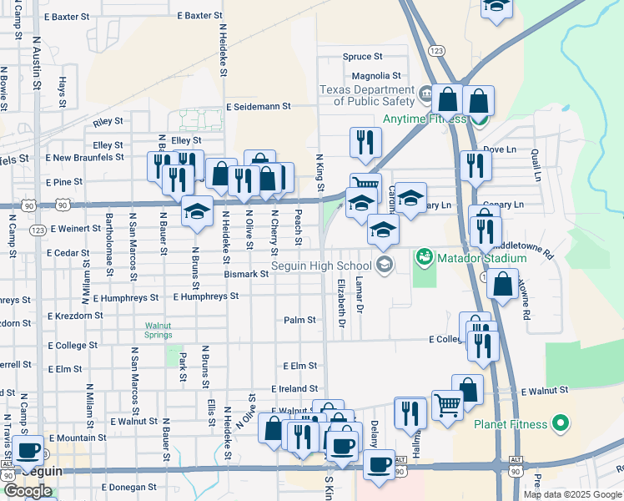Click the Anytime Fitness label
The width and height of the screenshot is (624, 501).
[423, 119]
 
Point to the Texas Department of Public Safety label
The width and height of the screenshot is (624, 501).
[368, 95]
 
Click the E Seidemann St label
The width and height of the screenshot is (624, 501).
[259, 107]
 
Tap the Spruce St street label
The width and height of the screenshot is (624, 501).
[362, 57]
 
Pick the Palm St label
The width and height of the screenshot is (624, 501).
[299, 320]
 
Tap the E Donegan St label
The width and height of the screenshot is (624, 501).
[128, 487]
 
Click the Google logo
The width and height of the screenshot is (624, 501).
[28, 491]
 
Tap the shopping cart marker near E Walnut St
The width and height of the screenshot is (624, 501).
[448, 406]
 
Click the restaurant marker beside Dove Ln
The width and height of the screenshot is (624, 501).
[475, 164]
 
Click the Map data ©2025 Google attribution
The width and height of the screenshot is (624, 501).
[571, 494]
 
